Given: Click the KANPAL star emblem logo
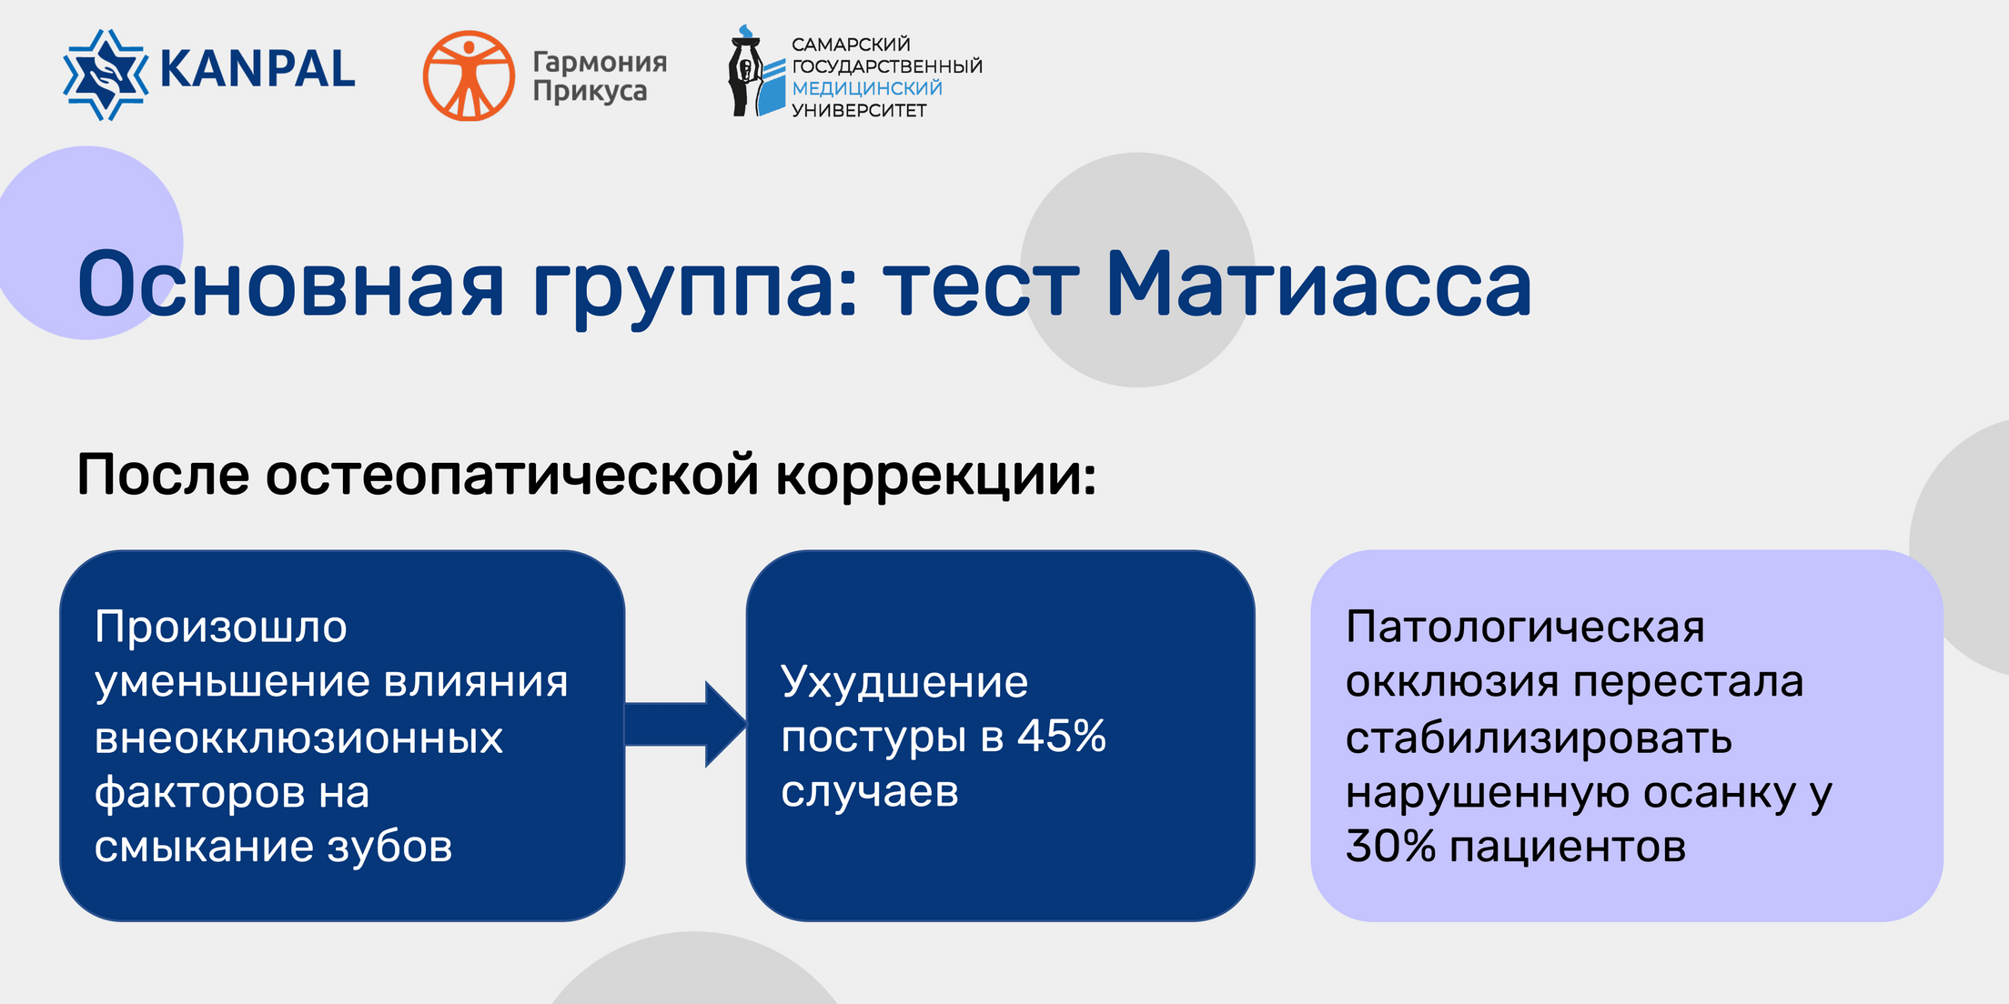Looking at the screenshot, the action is click(x=106, y=75).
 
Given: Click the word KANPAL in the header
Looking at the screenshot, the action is click(x=257, y=70).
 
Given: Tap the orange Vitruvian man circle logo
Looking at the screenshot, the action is click(x=469, y=75).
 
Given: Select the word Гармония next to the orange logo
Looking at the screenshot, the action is click(x=600, y=62).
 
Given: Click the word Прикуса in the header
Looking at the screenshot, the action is click(x=590, y=91).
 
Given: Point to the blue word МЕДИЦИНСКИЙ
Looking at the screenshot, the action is click(x=867, y=88).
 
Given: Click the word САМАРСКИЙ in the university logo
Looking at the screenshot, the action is click(x=851, y=45).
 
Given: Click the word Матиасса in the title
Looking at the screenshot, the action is click(x=1318, y=285).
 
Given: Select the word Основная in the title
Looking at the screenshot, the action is click(x=290, y=285).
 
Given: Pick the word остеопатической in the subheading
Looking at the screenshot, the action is click(x=512, y=475).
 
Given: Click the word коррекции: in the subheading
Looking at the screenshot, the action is click(x=936, y=477).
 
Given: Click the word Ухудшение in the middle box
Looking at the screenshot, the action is click(x=904, y=682).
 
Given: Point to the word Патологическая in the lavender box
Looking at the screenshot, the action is click(x=1525, y=627).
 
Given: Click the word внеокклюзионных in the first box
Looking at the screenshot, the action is click(x=298, y=738).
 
